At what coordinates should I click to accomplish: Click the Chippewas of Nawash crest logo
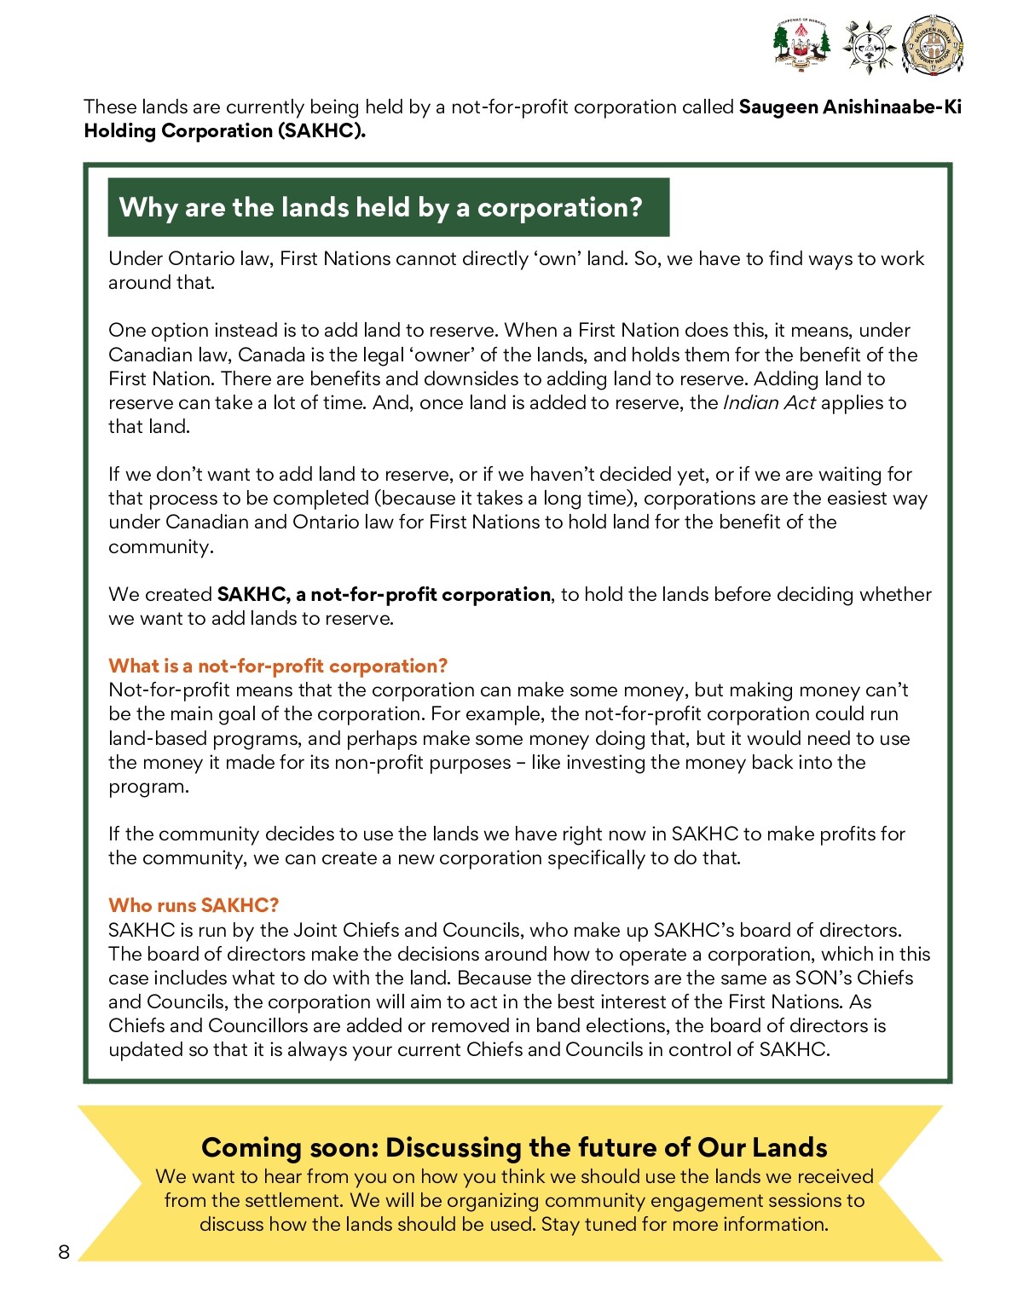pyautogui.click(x=801, y=43)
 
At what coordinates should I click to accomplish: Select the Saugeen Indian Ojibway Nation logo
pyautogui.click(x=934, y=45)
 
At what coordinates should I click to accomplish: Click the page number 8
pyautogui.click(x=64, y=1251)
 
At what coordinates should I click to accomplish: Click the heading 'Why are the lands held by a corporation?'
pyautogui.click(x=380, y=207)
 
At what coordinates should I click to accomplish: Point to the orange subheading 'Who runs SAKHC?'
pyautogui.click(x=194, y=905)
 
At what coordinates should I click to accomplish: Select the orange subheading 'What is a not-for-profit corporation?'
pyautogui.click(x=278, y=666)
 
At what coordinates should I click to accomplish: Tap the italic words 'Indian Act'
pyautogui.click(x=769, y=402)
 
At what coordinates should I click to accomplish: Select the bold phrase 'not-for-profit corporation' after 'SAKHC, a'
pyautogui.click(x=431, y=594)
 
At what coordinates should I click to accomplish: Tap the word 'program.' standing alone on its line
pyautogui.click(x=148, y=786)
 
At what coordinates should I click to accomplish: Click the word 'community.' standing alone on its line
pyautogui.click(x=160, y=546)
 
